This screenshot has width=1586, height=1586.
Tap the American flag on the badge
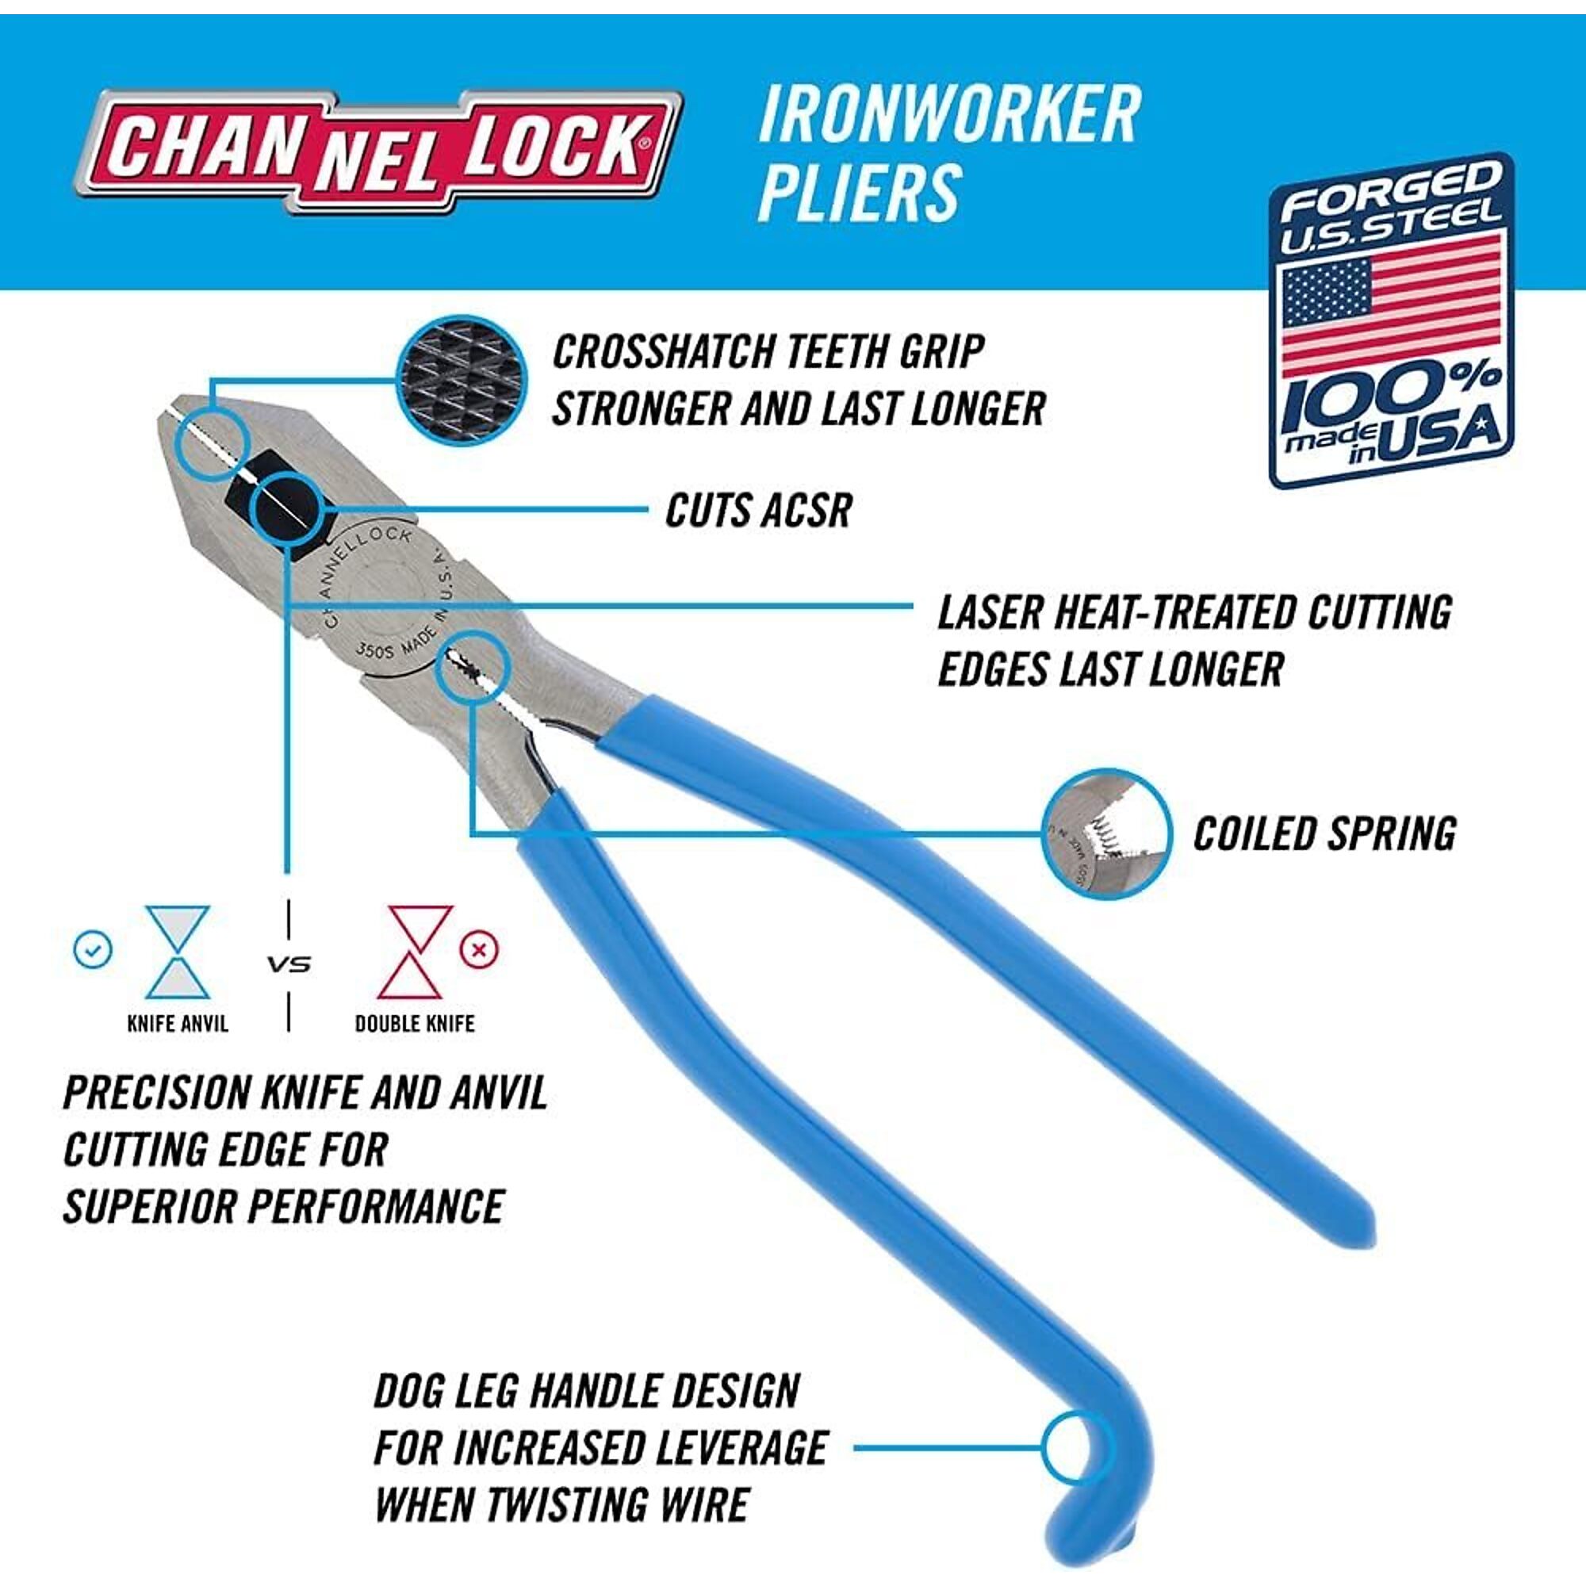coord(1393,304)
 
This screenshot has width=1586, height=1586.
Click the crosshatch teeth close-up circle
coord(462,381)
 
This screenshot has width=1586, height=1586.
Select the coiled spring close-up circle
coord(1106,833)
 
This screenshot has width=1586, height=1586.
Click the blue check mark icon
coord(93,950)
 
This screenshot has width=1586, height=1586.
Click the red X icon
coord(480,950)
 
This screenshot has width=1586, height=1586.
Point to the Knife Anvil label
coord(178,1024)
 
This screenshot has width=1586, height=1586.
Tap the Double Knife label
coord(415,1024)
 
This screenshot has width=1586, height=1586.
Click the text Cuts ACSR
coord(759,511)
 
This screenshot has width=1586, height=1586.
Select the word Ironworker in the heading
coord(949,114)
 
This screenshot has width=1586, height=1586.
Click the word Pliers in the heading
coord(859,192)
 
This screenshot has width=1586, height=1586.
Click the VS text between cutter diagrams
coord(289,963)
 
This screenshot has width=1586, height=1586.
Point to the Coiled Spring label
coord(1325,834)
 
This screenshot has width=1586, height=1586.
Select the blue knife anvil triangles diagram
coord(178,952)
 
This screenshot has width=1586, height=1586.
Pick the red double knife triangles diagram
coord(420,952)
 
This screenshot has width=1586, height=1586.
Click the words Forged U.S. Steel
coord(1391,207)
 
